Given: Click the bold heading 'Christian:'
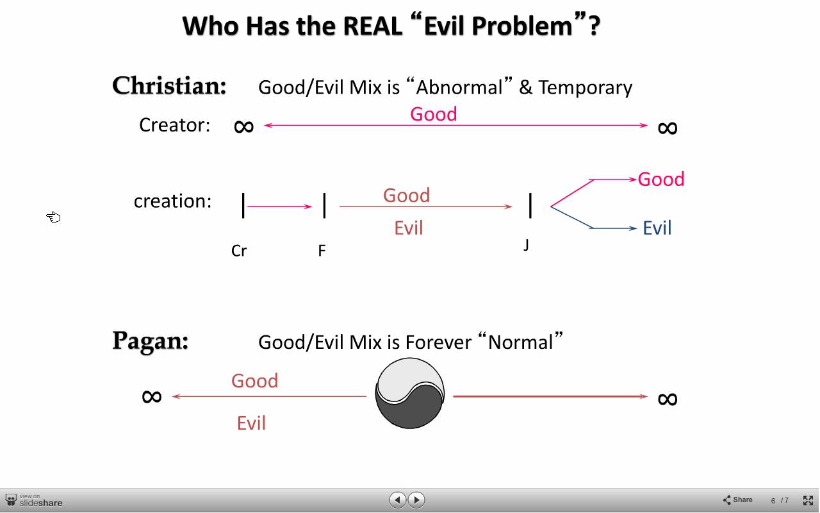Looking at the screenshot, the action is (x=169, y=86).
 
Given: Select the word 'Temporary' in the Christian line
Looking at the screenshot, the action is (x=586, y=88).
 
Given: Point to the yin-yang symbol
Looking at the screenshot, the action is (x=409, y=393).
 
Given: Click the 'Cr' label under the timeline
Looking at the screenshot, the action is (x=239, y=251).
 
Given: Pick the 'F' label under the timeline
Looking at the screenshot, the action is (x=322, y=251).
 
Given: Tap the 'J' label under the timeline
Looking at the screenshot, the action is (x=526, y=244).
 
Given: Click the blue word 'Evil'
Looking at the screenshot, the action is (x=657, y=228).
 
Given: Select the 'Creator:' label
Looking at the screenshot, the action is (x=175, y=125).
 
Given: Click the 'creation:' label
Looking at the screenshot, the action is (x=173, y=201).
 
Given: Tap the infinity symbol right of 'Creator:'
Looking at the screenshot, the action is (x=244, y=127).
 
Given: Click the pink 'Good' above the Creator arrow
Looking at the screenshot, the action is (x=434, y=114).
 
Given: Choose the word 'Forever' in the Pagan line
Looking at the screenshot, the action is (x=439, y=342).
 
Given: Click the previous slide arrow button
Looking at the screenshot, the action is (x=398, y=500).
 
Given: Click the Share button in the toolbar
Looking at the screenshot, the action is (x=737, y=500).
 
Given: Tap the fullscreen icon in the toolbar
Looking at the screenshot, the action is (x=808, y=500).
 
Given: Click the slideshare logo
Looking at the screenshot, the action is (x=34, y=501).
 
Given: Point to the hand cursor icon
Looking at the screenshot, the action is (x=53, y=217).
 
